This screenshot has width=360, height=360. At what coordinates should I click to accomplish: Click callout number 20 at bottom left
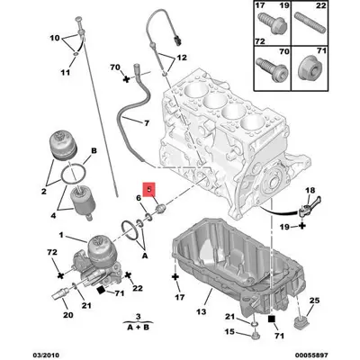point(67,315)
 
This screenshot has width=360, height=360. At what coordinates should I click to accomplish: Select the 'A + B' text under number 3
point(136,329)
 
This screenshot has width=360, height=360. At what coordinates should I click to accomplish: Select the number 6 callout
point(138,199)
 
